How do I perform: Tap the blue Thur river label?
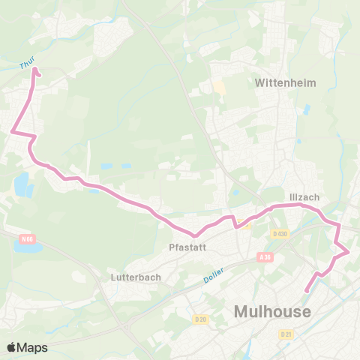[27, 65]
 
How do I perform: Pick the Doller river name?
[214, 275]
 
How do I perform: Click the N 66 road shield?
[28, 239]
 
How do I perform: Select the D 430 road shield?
[281, 234]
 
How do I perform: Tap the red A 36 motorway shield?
[263, 256]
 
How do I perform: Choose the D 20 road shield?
[200, 319]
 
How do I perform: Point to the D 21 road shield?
[285, 334]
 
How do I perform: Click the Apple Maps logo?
[27, 347]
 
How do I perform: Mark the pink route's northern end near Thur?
[34, 73]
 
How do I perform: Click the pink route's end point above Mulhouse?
[306, 291]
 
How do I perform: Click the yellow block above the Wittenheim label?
[219, 87]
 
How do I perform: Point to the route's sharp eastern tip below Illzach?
[349, 253]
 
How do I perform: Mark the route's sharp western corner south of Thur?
[12, 133]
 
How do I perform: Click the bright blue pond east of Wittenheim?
[307, 109]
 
